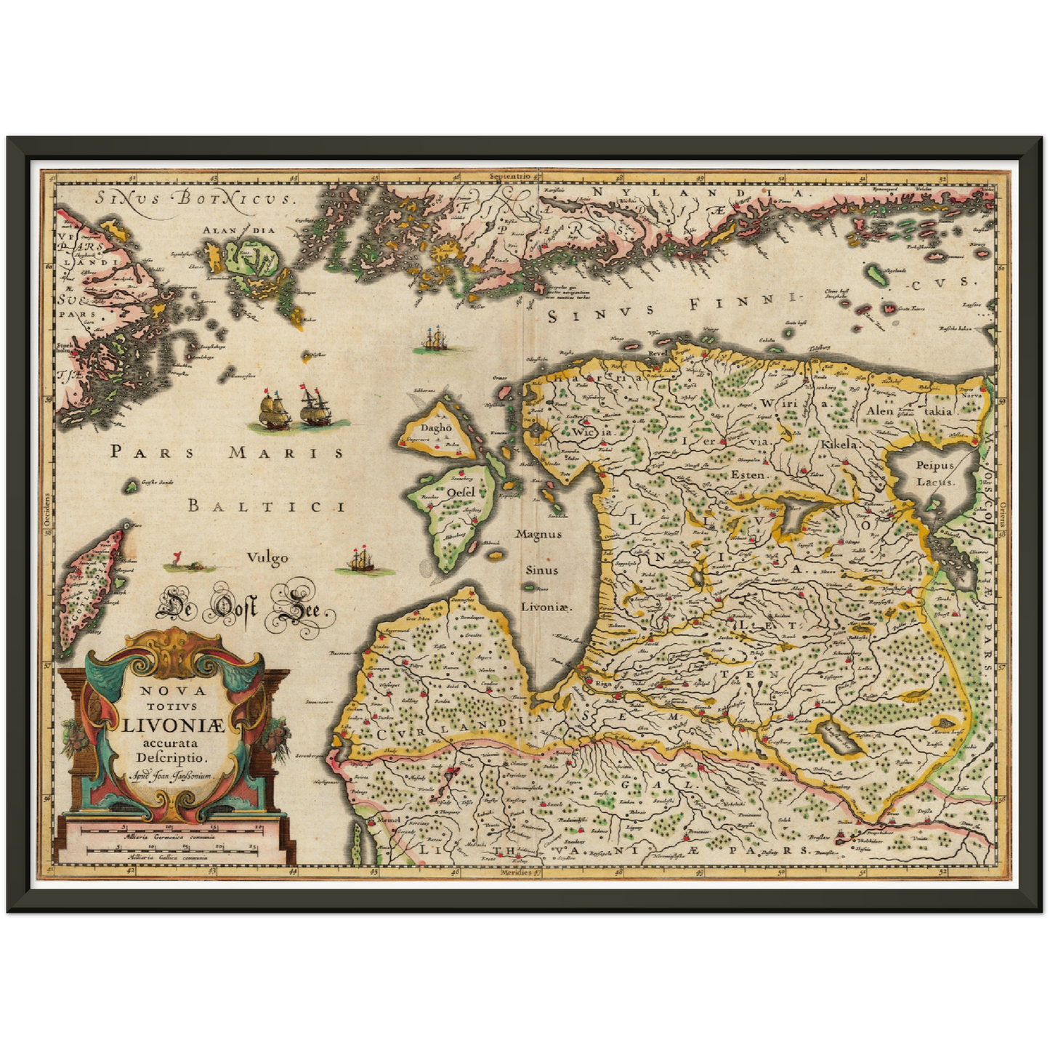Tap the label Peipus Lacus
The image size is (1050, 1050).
pyautogui.click(x=934, y=473)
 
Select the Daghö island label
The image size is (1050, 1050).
pyautogui.click(x=436, y=428)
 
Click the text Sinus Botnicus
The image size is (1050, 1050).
pyautogui.click(x=195, y=197)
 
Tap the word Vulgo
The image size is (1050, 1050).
pyautogui.click(x=267, y=558)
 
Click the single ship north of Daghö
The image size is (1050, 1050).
pyautogui.click(x=435, y=339)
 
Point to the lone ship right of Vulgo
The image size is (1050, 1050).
pyautogui.click(x=361, y=560)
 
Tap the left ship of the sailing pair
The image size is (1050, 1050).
pyautogui.click(x=274, y=411)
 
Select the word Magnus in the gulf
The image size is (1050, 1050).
pyautogui.click(x=538, y=533)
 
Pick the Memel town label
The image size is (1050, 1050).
pyautogui.click(x=389, y=820)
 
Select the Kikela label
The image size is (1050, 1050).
pyautogui.click(x=839, y=443)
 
